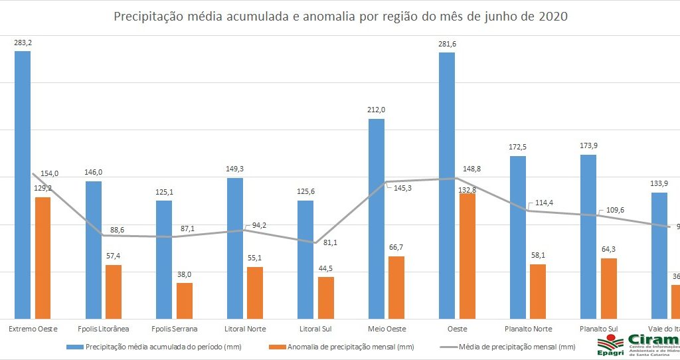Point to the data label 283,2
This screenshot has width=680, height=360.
click(x=23, y=43)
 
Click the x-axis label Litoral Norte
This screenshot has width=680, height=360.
click(x=244, y=329)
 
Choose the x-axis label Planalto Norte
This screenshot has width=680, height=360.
click(x=528, y=329)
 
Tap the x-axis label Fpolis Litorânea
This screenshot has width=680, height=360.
click(x=103, y=329)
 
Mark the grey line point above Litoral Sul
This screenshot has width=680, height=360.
click(x=315, y=242)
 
